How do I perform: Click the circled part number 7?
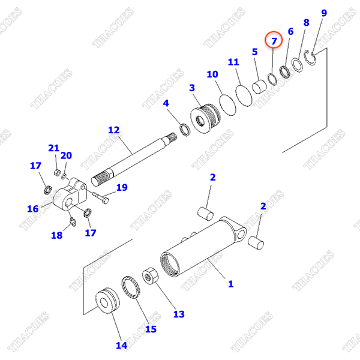point(274,41)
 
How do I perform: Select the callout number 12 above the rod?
point(114,130)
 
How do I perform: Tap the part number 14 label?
point(121,345)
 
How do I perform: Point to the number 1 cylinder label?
point(230,284)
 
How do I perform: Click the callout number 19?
point(122,188)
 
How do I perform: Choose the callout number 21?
point(54,148)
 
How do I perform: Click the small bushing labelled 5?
point(259,87)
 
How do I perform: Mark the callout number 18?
point(56,235)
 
